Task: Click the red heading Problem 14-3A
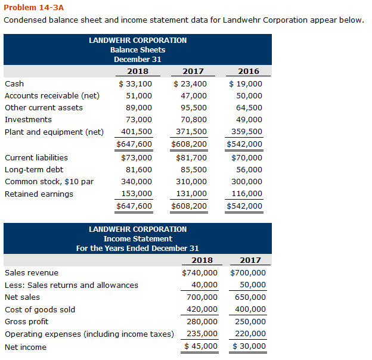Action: click(x=33, y=8)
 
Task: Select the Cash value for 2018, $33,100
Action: click(x=135, y=84)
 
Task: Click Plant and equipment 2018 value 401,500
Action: click(x=137, y=132)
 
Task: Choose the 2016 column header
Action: click(x=249, y=72)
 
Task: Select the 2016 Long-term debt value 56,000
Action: click(x=249, y=169)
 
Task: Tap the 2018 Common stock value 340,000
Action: click(x=137, y=181)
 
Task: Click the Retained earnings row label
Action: click(x=39, y=194)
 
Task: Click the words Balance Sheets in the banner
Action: click(x=138, y=50)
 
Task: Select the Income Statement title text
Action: click(x=138, y=239)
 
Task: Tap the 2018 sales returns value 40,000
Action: click(x=203, y=285)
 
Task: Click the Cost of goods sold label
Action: click(x=40, y=309)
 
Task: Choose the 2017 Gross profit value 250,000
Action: click(x=250, y=321)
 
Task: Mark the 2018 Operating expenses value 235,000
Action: click(x=202, y=334)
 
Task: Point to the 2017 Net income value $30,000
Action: click(x=249, y=346)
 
